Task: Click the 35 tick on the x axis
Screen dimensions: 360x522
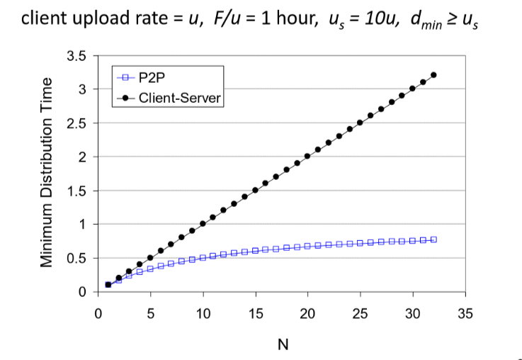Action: (465, 313)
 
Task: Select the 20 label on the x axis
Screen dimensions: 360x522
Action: (307, 313)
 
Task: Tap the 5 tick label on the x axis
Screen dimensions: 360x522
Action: (150, 313)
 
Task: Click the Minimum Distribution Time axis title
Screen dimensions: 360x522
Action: (47, 173)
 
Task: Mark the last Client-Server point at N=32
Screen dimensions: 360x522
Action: (433, 75)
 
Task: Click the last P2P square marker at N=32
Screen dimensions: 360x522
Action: (433, 240)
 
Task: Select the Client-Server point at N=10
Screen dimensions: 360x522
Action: (203, 224)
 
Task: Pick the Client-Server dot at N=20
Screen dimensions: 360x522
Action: (307, 156)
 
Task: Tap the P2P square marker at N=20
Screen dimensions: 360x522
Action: (307, 246)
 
